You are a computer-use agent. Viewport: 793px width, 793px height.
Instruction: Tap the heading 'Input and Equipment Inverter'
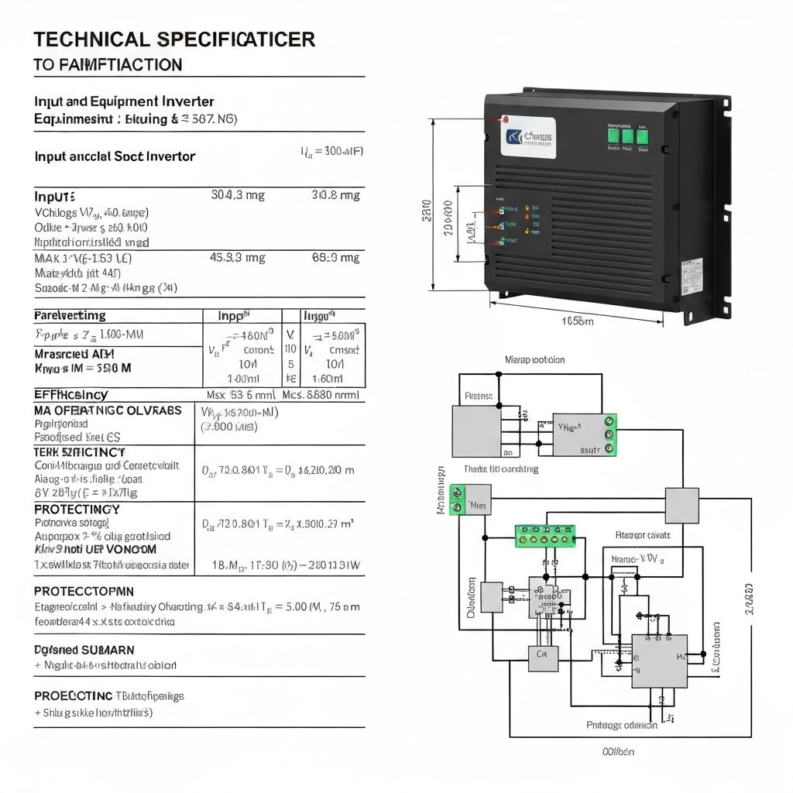click(x=124, y=101)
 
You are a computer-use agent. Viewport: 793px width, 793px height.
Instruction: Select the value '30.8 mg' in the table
click(x=335, y=195)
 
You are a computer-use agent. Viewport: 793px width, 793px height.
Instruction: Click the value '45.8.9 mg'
click(x=238, y=258)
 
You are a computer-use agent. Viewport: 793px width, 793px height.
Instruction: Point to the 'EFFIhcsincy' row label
click(x=70, y=395)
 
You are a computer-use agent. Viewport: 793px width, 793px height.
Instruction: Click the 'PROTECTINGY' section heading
click(x=77, y=510)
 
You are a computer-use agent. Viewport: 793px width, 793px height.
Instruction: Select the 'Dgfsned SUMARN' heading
click(x=84, y=650)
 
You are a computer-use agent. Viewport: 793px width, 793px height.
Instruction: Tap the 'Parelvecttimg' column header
click(x=70, y=316)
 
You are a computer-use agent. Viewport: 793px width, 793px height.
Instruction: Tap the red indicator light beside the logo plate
click(x=504, y=120)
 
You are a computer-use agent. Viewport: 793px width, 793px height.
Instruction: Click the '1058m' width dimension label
click(x=577, y=321)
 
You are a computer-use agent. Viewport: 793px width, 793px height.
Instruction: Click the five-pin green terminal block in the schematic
click(x=545, y=536)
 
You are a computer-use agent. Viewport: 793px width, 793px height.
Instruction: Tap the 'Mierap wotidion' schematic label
click(x=534, y=360)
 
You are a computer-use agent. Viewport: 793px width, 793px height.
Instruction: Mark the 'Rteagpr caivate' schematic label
click(x=643, y=535)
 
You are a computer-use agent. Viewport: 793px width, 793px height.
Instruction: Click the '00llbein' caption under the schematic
click(x=618, y=751)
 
